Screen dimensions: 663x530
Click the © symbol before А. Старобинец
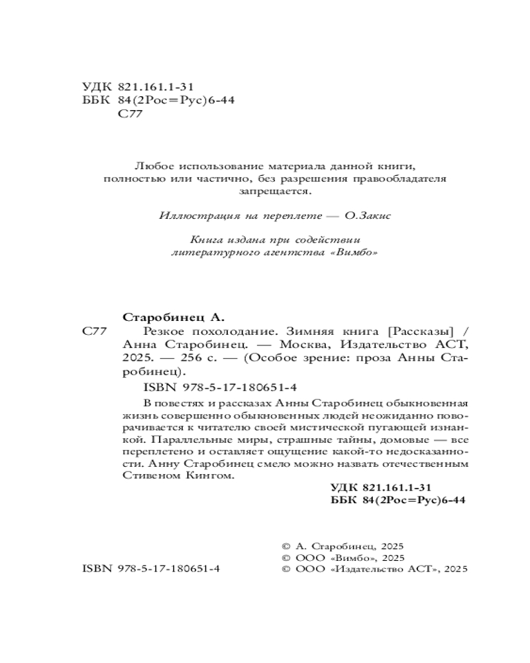[286, 546]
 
